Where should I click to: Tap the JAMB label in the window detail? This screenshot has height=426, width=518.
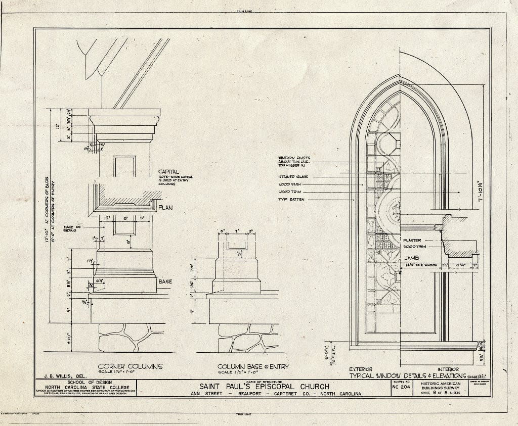coord(410,258)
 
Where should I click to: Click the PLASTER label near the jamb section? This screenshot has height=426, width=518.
coord(412,240)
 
